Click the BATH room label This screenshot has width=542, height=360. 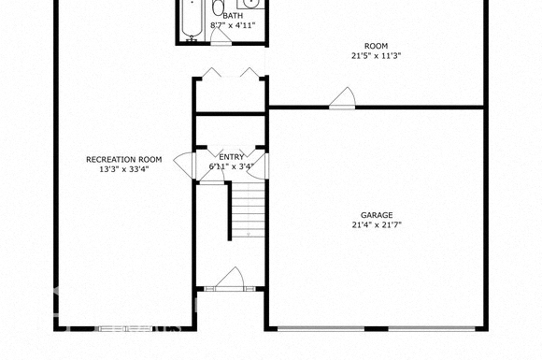click(233, 16)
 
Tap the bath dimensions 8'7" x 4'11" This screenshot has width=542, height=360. click(233, 25)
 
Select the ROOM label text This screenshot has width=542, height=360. click(376, 46)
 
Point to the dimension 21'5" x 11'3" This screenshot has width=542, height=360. click(376, 55)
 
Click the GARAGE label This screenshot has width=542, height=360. click(377, 215)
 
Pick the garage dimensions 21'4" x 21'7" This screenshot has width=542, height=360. click(377, 224)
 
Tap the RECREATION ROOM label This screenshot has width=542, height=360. click(124, 159)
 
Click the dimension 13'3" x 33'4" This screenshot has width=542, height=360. click(124, 169)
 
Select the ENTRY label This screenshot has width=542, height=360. click(232, 157)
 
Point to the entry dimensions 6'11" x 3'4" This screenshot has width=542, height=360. click(232, 166)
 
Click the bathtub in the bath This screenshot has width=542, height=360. click(192, 19)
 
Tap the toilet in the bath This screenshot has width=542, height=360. click(218, 7)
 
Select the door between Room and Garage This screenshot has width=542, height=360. click(342, 98)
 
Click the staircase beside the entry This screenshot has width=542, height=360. click(248, 210)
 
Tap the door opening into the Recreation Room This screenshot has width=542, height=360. click(185, 166)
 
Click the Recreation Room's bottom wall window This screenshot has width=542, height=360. click(125, 328)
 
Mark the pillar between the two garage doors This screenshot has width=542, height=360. click(377, 328)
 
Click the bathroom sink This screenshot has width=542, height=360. click(251, 4)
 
